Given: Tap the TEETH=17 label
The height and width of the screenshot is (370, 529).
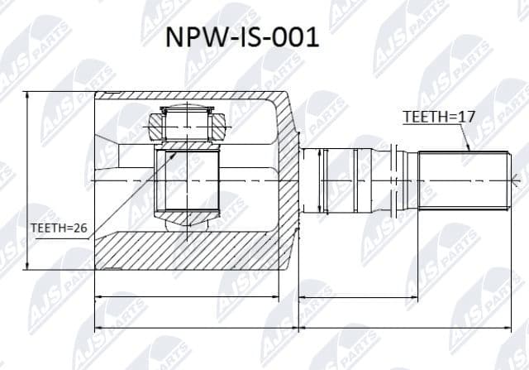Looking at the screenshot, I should click(x=439, y=118).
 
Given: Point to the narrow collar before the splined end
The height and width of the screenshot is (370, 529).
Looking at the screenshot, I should click(x=398, y=180).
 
